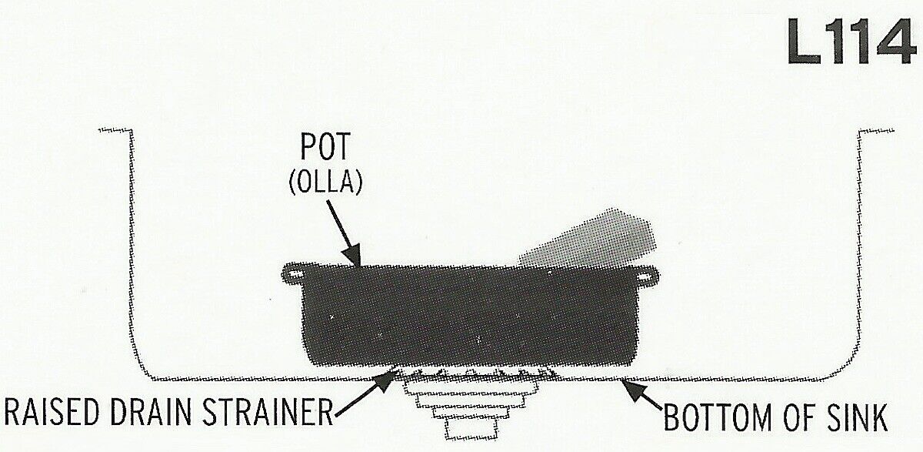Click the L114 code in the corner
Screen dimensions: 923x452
click(851, 42)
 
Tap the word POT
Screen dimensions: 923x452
click(325, 146)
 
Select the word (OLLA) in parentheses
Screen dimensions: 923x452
click(325, 182)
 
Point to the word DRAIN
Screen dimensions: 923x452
click(151, 412)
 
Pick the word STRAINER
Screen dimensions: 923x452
click(267, 412)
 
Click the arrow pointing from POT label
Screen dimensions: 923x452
click(344, 234)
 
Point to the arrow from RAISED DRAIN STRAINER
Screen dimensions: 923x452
click(365, 393)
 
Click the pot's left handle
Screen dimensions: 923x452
click(294, 274)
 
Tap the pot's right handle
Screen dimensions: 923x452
click(646, 276)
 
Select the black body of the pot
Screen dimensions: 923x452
click(470, 316)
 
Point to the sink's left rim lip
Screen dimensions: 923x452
click(115, 131)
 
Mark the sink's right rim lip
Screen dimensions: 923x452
click(876, 131)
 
